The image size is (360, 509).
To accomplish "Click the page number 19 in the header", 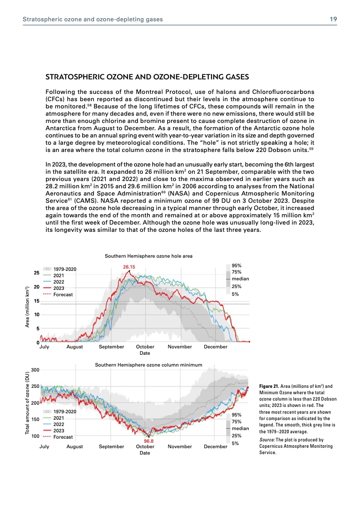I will coord(333,19).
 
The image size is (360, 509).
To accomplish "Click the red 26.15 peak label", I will coord(129,267).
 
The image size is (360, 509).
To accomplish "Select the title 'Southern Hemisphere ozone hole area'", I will coord(148,256).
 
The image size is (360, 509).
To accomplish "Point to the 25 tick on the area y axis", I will coord(36,273).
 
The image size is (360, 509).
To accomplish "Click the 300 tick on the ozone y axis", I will coord(35,370).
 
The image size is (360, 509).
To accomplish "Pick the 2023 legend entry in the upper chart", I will coord(59,288).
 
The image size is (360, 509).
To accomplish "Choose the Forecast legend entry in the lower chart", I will coord(63,437).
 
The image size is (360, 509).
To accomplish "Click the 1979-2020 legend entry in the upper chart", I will coord(65,269).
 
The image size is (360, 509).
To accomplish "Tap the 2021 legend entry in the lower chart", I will coord(59,418).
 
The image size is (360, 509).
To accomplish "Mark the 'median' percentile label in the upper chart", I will coord(240,279).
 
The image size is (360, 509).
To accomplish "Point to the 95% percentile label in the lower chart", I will coord(236,415).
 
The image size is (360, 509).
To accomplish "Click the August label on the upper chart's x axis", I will coord(74,347).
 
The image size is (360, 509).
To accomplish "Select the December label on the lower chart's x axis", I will coord(215,447).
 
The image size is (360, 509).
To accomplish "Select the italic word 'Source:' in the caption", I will coord(266,440).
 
